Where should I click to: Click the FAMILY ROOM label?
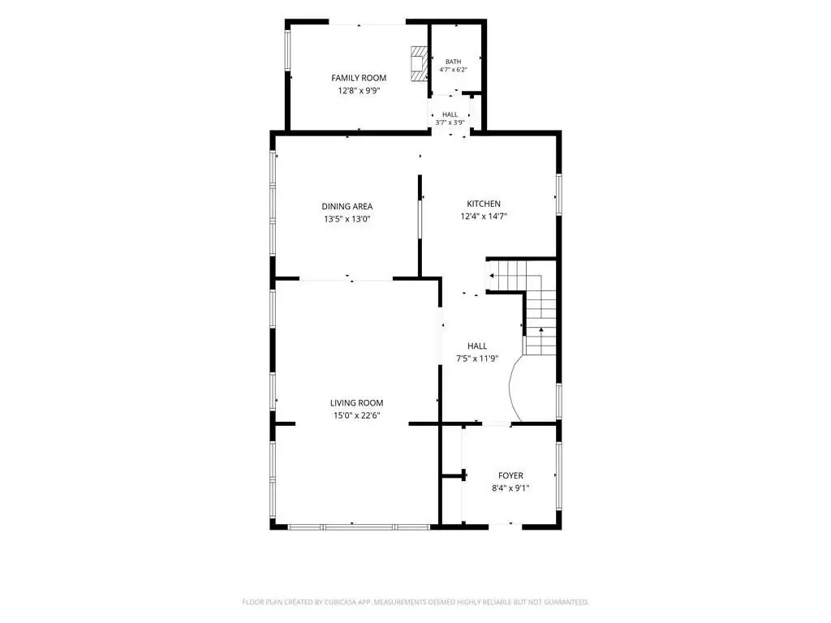pyautogui.click(x=359, y=78)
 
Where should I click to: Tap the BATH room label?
pyautogui.click(x=453, y=62)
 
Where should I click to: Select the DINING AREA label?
pyautogui.click(x=347, y=207)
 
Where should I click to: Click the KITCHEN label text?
pyautogui.click(x=484, y=204)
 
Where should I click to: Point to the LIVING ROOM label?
pyautogui.click(x=357, y=403)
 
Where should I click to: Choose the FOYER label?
pyautogui.click(x=511, y=475)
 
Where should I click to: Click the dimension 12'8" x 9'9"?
pyautogui.click(x=359, y=91)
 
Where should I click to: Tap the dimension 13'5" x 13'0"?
pyautogui.click(x=347, y=219)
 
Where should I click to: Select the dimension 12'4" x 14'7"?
pyautogui.click(x=484, y=216)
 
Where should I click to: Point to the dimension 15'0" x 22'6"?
pyautogui.click(x=357, y=416)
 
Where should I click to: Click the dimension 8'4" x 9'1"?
pyautogui.click(x=511, y=488)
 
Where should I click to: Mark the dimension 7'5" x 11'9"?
pyautogui.click(x=477, y=359)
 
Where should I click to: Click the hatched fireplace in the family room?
pyautogui.click(x=420, y=63)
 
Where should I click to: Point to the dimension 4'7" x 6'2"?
pyautogui.click(x=453, y=70)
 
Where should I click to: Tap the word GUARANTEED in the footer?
pyautogui.click(x=566, y=603)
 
